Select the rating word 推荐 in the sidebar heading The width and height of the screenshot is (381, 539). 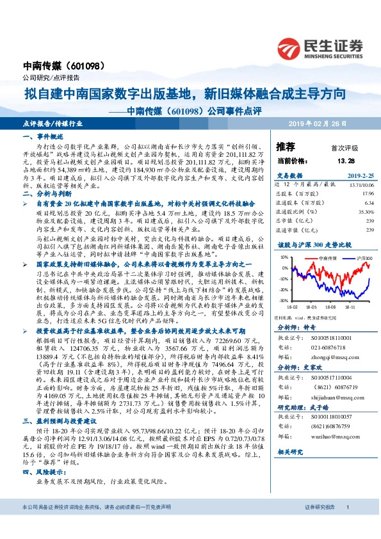pos(285,147)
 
